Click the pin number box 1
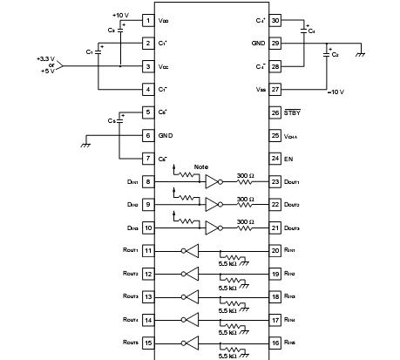[x=148, y=20]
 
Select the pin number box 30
[x=275, y=20]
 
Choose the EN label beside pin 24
[x=250, y=158]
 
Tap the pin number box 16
[x=275, y=344]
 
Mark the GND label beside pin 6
[x=166, y=135]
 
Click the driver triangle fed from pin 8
[x=212, y=182]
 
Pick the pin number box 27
[x=275, y=88]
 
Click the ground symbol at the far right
[x=361, y=55]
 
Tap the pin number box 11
[x=148, y=250]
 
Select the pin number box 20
[x=275, y=250]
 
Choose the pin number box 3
[x=148, y=65]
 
